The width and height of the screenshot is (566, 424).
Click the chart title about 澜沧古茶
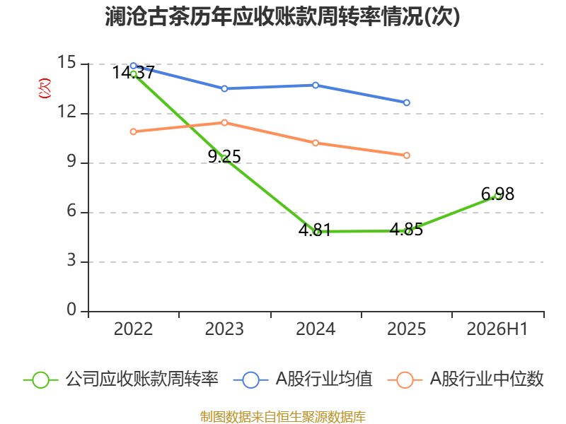pos(282,16)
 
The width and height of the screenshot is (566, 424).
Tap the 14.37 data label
pos(133,73)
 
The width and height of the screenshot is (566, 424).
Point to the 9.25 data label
pos(224,156)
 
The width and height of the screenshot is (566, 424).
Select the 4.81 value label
pos(315,230)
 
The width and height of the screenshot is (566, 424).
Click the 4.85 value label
pos(406,229)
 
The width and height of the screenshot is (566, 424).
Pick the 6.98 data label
pos(497,194)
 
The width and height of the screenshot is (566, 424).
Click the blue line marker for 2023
pos(224,89)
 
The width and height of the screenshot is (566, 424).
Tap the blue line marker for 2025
pos(406,102)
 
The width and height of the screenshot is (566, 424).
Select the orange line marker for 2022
pos(133,132)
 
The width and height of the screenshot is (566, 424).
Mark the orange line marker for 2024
pos(316,143)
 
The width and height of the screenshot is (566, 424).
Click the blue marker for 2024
pos(316,85)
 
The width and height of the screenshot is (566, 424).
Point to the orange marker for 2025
pos(406,155)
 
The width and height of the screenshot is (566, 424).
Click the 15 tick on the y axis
pos(67,62)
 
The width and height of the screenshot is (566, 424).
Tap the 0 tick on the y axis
pos(71,310)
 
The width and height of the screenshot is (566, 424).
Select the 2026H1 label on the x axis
pos(497,329)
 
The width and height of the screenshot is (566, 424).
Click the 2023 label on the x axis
pos(224,329)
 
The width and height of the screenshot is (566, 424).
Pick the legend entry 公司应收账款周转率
pos(121,379)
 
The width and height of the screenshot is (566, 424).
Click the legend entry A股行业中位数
pos(466,379)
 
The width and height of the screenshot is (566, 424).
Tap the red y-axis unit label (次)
pos(45,88)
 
